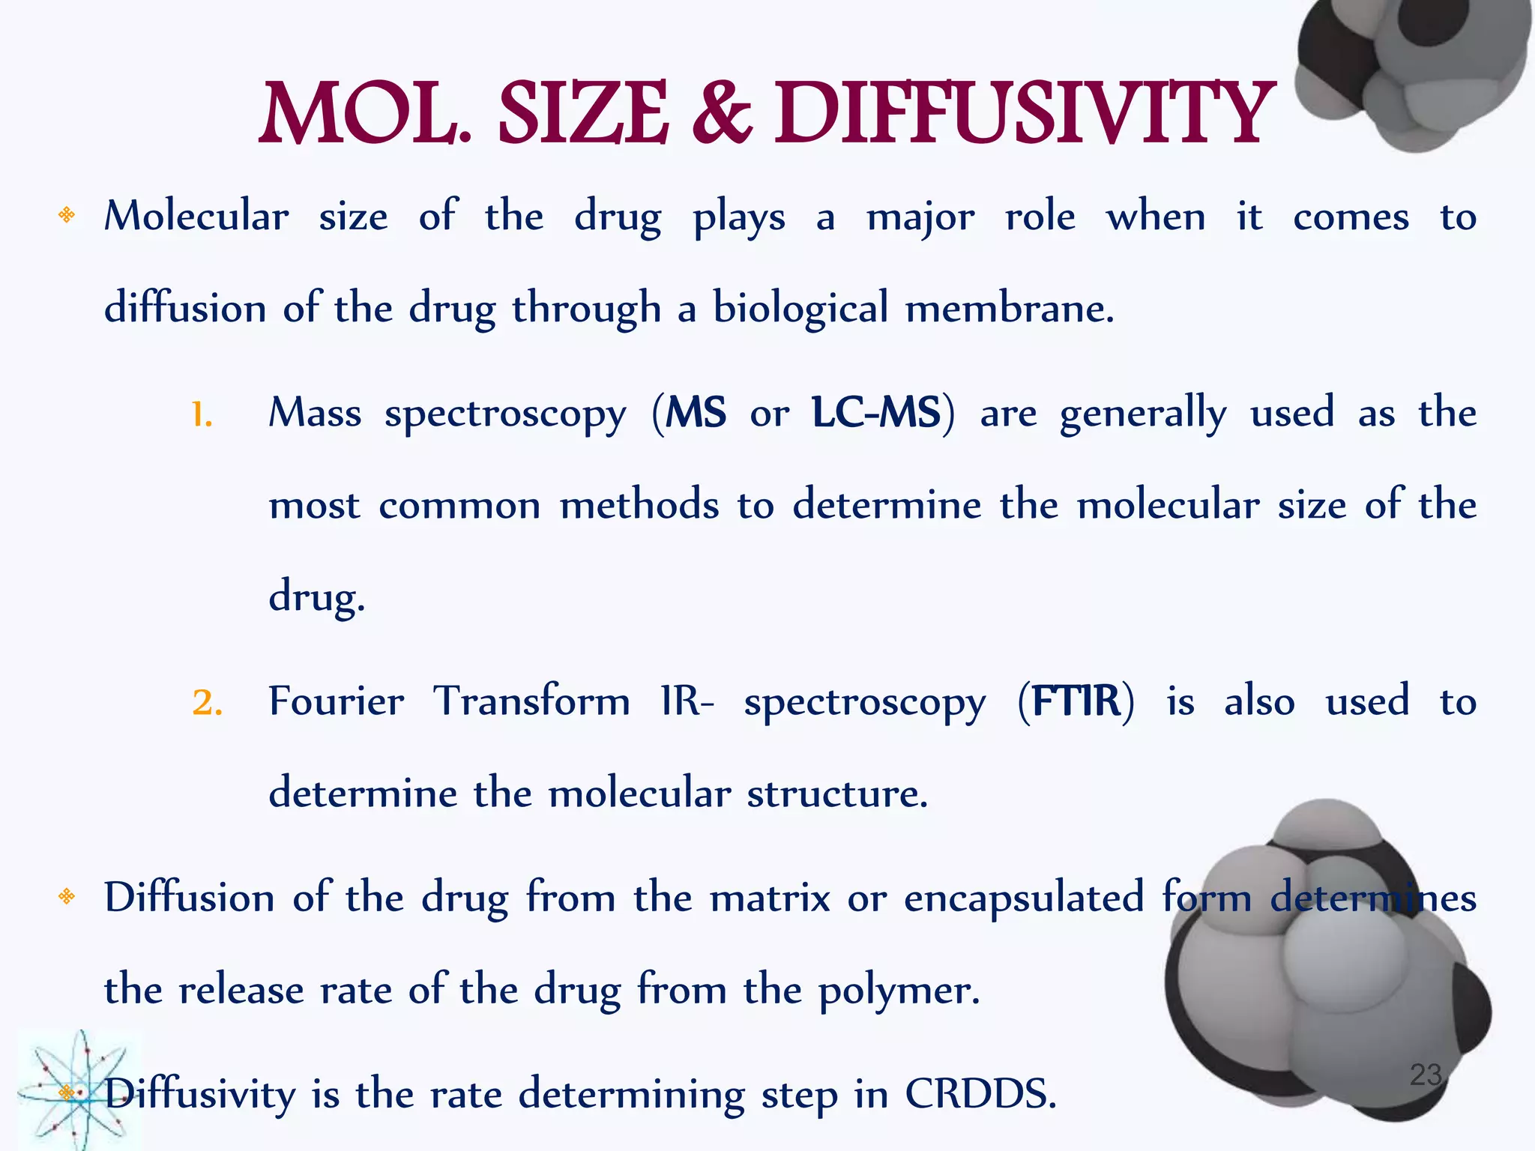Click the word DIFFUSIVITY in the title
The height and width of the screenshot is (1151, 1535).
click(x=1024, y=114)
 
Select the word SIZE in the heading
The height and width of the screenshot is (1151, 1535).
click(x=583, y=114)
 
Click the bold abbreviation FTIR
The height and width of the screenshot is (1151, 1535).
click(x=1076, y=701)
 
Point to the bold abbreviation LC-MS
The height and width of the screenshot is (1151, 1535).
click(x=876, y=413)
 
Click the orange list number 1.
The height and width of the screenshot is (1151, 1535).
click(x=202, y=415)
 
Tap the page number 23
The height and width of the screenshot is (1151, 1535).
click(x=1426, y=1075)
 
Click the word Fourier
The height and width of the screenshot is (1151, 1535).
click(x=336, y=701)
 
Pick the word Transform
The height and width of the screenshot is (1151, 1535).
click(x=531, y=701)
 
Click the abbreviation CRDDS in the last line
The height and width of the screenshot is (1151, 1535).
click(x=980, y=1094)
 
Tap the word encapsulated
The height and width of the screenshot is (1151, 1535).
click(x=1024, y=898)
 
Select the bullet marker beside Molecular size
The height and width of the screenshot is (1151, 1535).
click(x=67, y=216)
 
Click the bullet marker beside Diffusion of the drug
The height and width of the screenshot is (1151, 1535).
click(x=67, y=896)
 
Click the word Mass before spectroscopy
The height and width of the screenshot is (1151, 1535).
click(x=315, y=413)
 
